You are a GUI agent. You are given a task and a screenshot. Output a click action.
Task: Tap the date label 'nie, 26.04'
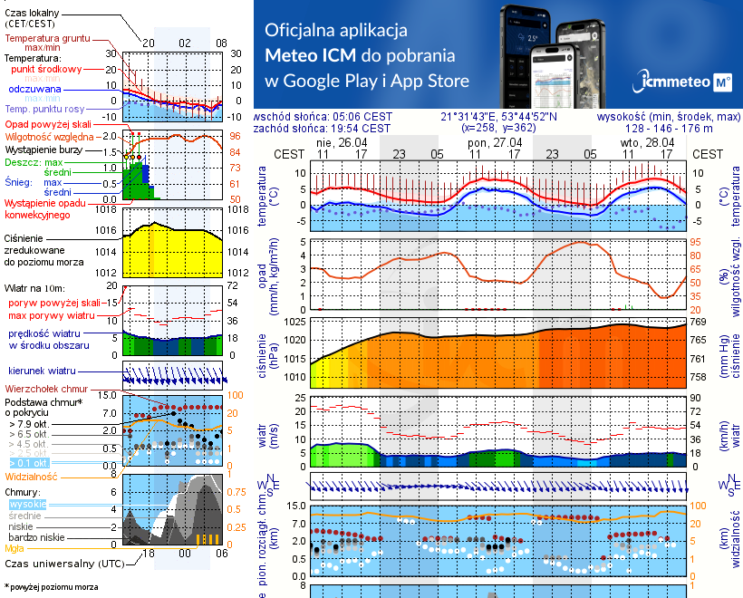pyautogui.click(x=338, y=142)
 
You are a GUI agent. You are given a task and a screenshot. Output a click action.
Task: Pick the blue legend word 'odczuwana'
pyautogui.click(x=34, y=90)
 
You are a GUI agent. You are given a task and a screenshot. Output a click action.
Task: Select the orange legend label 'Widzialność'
pyautogui.click(x=32, y=475)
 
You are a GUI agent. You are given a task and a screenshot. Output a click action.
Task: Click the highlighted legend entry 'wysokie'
pyautogui.click(x=27, y=504)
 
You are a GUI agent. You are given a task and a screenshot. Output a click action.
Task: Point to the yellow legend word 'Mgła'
pyautogui.click(x=14, y=547)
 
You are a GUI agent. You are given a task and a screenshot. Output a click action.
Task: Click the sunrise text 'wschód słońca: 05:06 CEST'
pyautogui.click(x=323, y=116)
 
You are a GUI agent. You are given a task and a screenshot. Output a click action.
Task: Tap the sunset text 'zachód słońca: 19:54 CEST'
pyautogui.click(x=323, y=128)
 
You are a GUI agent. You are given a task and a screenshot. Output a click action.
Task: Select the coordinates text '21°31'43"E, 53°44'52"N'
pyautogui.click(x=498, y=116)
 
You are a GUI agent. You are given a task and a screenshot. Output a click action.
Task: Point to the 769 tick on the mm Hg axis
pyautogui.click(x=699, y=322)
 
